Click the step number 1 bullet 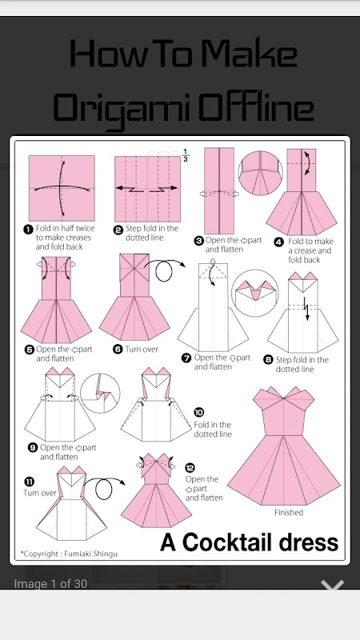(28, 229)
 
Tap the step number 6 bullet (118, 350)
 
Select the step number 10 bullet (199, 413)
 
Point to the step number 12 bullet (190, 468)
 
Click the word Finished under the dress (289, 512)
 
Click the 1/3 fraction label (186, 155)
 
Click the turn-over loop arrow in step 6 (165, 270)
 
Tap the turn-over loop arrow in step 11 (105, 488)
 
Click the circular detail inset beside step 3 (261, 174)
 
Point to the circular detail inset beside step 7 (254, 293)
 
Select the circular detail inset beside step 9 (101, 393)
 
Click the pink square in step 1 (62, 188)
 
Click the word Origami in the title (122, 107)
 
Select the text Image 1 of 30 (50, 584)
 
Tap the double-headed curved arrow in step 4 (307, 162)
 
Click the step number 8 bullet (268, 360)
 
